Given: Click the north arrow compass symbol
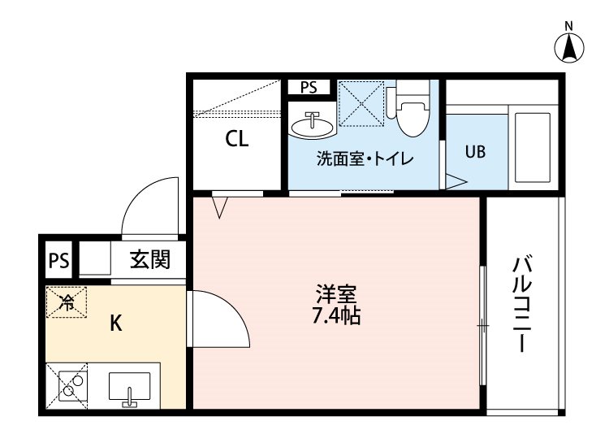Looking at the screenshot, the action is [569, 47].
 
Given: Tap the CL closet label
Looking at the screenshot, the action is [237, 138].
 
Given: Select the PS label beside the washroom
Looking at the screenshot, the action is [309, 88].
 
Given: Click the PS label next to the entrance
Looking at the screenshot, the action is [59, 260].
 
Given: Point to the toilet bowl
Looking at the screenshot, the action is [412, 113].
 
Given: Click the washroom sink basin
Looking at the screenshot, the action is [312, 126].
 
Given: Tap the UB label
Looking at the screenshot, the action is [475, 152].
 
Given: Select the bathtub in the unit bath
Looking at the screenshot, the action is [532, 148].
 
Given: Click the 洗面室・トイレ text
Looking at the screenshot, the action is [365, 158].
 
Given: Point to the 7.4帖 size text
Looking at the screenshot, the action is [337, 316].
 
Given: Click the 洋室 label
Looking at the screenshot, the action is [336, 294].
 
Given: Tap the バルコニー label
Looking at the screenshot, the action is [522, 304].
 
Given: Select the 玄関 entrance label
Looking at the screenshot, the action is [150, 259].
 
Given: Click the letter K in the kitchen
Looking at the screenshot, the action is [116, 323].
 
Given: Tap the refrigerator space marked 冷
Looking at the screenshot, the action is [67, 302].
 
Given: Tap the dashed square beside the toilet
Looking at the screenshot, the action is [361, 103].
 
